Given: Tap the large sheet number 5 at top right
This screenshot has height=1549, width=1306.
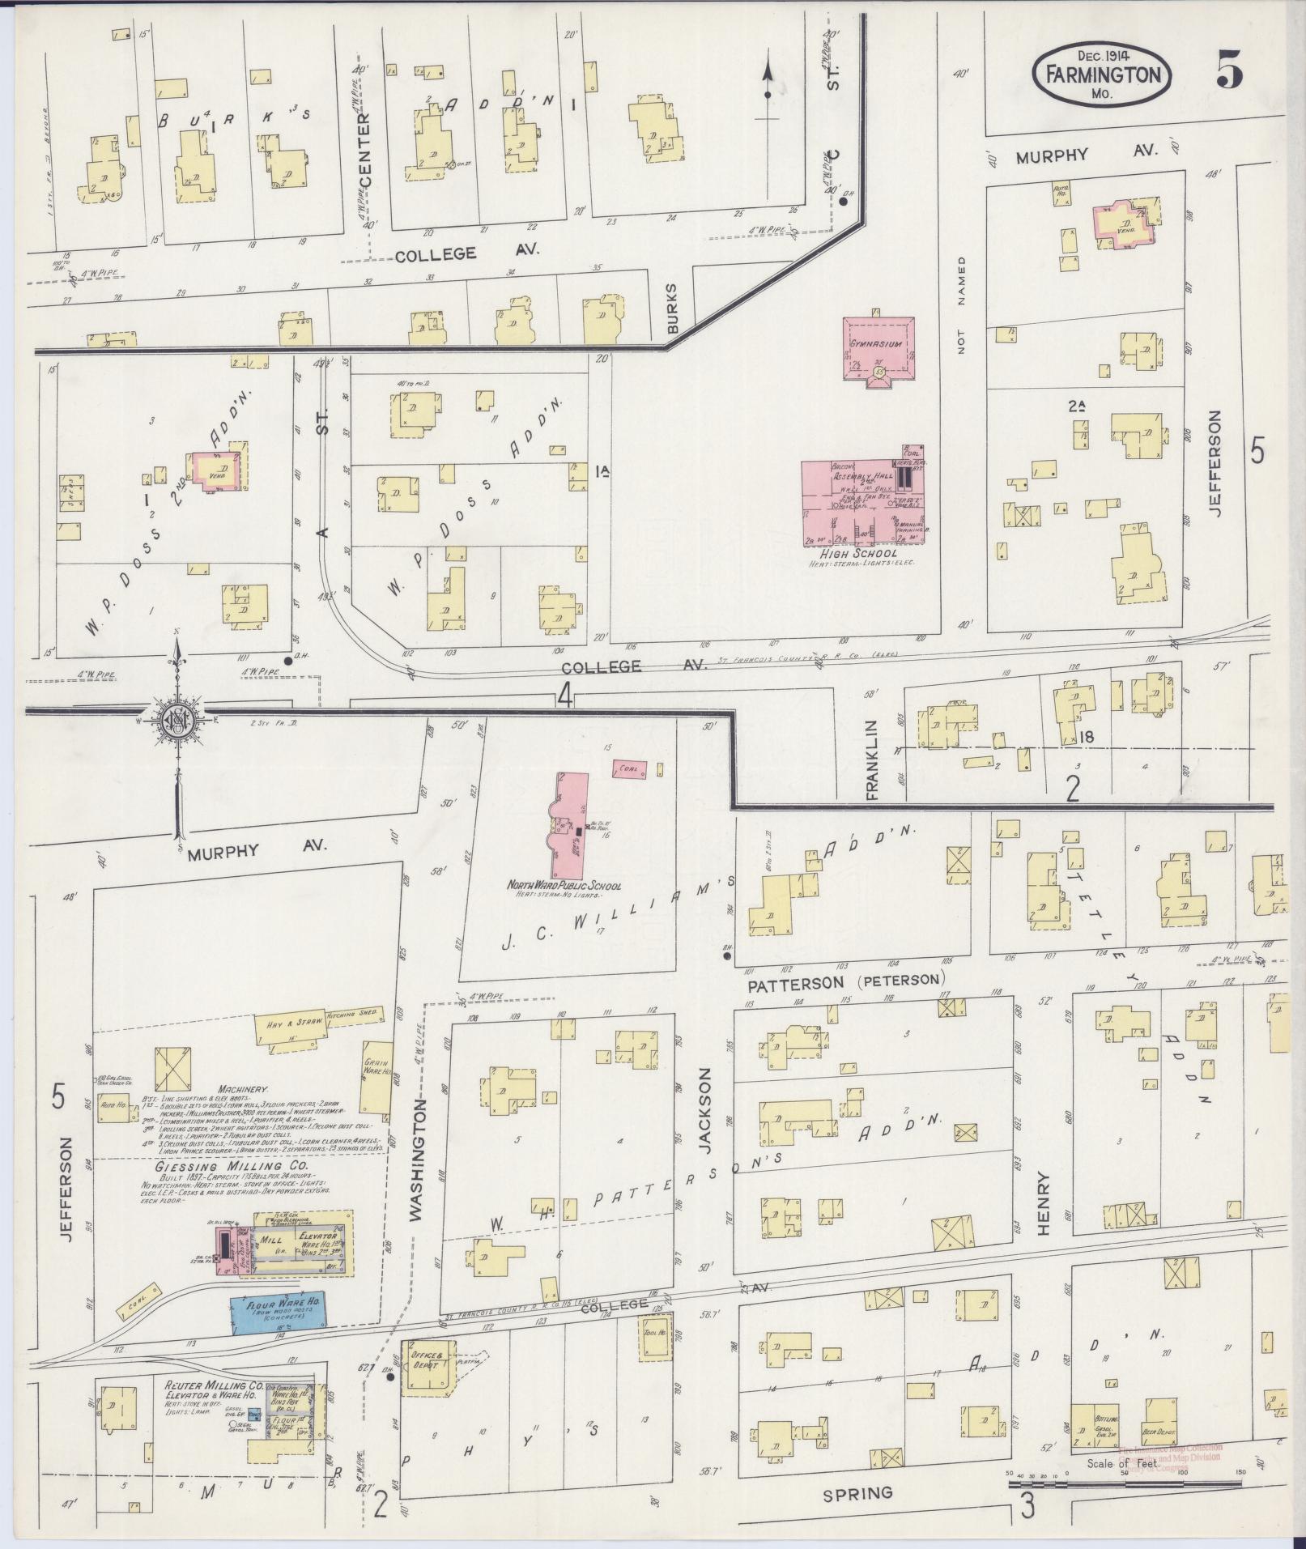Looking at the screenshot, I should click(1228, 74).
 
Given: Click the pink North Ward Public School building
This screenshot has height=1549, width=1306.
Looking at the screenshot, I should click(571, 826).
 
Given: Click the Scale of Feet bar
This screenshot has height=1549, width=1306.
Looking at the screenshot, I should click(1125, 1484).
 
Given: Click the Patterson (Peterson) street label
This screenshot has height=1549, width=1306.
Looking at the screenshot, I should click(846, 983).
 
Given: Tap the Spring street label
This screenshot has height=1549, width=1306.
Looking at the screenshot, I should click(857, 1492).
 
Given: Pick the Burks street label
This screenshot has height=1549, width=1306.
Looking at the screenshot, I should click(671, 308).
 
